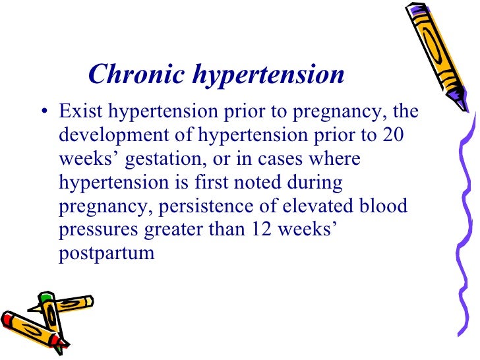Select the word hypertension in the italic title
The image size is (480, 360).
tap(268, 76)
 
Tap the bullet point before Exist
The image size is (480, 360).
tap(44, 111)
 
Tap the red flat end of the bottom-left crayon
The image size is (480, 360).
tap(8, 322)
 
